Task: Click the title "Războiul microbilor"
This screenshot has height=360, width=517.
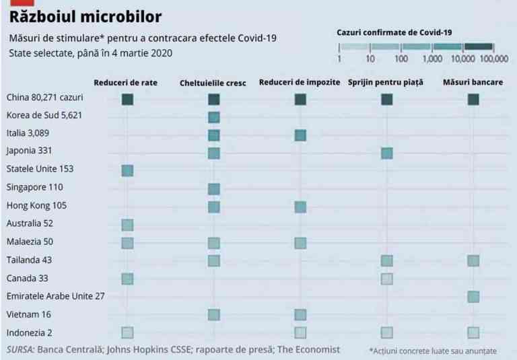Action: pyautogui.click(x=85, y=15)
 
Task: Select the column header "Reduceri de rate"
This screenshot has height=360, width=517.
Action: pyautogui.click(x=126, y=83)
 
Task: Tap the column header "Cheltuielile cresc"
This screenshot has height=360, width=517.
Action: pyautogui.click(x=213, y=83)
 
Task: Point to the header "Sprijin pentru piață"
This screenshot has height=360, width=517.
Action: pyautogui.click(x=386, y=83)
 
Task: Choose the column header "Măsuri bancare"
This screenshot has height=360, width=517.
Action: pyautogui.click(x=473, y=83)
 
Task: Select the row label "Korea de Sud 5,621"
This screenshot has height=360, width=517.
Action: pyautogui.click(x=44, y=115)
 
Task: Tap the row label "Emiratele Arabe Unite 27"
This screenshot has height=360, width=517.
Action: pyautogui.click(x=55, y=295)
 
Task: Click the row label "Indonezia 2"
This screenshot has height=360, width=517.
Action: pyautogui.click(x=29, y=332)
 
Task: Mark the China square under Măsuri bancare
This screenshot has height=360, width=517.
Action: pyautogui.click(x=473, y=100)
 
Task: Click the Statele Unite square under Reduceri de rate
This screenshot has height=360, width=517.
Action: pyautogui.click(x=127, y=170)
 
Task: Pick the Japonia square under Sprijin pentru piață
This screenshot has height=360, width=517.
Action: pyautogui.click(x=386, y=153)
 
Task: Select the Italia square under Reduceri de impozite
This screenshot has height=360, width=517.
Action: pyautogui.click(x=300, y=135)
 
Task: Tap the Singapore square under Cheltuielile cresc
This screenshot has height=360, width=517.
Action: pyautogui.click(x=214, y=188)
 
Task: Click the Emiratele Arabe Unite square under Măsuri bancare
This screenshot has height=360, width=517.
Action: pyautogui.click(x=473, y=297)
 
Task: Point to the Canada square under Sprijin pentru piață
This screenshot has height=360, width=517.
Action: pyautogui.click(x=386, y=279)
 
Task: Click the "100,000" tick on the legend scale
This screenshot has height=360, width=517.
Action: pyautogui.click(x=495, y=59)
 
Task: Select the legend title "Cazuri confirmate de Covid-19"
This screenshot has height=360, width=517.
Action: pyautogui.click(x=393, y=32)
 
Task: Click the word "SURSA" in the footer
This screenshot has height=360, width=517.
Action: pyautogui.click(x=20, y=349)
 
